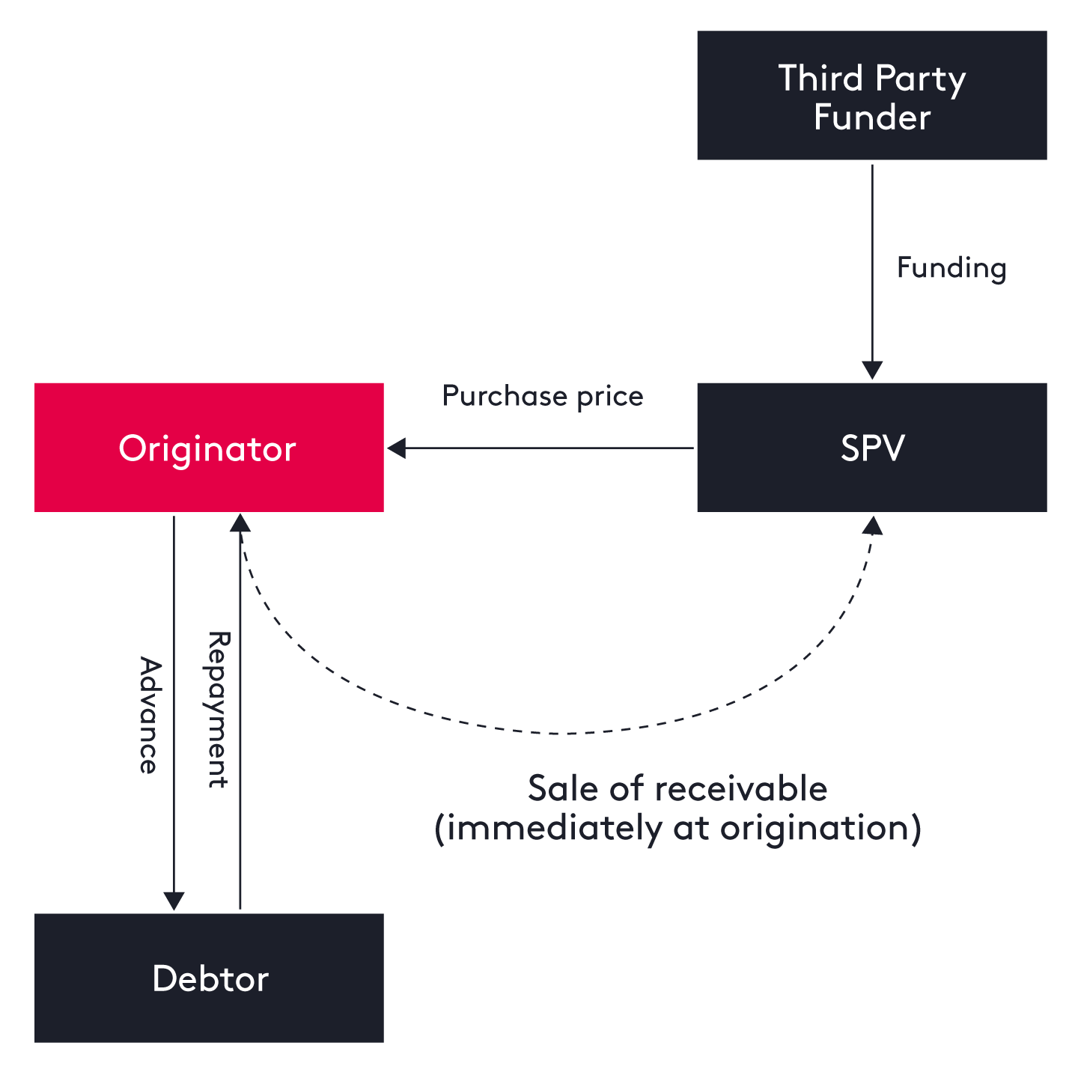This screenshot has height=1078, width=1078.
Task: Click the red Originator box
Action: pyautogui.click(x=209, y=448)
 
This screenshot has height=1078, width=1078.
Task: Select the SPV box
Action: pyautogui.click(x=872, y=448)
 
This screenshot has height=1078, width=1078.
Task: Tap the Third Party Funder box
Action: pyautogui.click(x=872, y=95)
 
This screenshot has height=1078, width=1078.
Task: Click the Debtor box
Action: pyautogui.click(x=209, y=978)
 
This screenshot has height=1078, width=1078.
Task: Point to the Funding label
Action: pyautogui.click(x=951, y=268)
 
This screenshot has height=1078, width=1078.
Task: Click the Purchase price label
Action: pyautogui.click(x=543, y=396)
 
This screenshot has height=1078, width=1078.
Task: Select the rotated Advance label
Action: pyautogui.click(x=149, y=716)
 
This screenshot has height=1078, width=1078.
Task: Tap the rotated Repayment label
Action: pyautogui.click(x=217, y=710)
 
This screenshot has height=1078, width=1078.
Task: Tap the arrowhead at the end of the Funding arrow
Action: pyautogui.click(x=872, y=370)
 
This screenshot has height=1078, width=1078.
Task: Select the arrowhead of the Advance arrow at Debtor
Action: pyautogui.click(x=174, y=901)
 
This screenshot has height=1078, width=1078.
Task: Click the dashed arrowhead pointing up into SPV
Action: pyautogui.click(x=872, y=526)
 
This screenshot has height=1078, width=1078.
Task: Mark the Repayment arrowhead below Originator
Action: pyautogui.click(x=240, y=523)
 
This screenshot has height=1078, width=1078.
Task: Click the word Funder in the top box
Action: pyautogui.click(x=872, y=118)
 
